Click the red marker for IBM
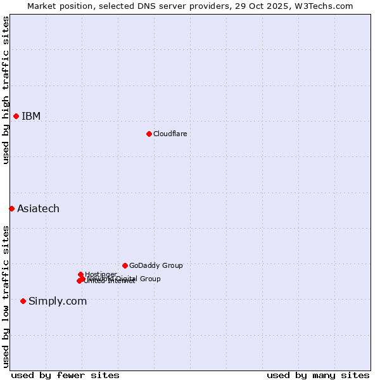(16, 116)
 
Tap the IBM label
(31, 116)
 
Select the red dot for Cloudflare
(149, 134)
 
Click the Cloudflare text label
(170, 134)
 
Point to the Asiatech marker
(11, 208)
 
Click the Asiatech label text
(38, 208)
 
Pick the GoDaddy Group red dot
(125, 265)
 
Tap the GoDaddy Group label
(156, 265)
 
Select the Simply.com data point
(23, 301)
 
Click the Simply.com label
(58, 301)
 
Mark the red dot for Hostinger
(81, 274)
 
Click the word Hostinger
(101, 274)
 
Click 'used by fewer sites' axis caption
(65, 375)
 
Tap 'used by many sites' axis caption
(318, 375)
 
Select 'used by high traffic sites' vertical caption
(6, 90)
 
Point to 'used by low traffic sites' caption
(6, 296)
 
